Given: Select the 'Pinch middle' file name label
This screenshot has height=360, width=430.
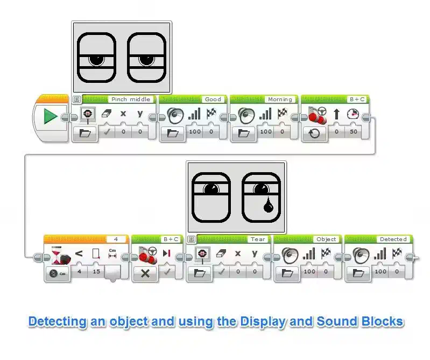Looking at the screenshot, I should click(131, 100).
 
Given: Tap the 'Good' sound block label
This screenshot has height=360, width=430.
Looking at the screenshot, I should click(213, 100).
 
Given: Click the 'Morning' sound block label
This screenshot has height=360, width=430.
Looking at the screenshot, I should click(280, 100).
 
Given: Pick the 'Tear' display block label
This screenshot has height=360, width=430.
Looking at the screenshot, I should click(257, 239).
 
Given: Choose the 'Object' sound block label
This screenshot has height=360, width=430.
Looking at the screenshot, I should click(326, 239).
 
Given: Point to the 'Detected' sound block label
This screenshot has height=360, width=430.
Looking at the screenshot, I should click(393, 239).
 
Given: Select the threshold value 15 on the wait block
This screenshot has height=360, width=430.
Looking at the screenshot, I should click(96, 272).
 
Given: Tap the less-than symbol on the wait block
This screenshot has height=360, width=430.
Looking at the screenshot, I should click(79, 253).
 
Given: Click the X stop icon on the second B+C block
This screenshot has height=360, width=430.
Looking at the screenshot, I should click(145, 272).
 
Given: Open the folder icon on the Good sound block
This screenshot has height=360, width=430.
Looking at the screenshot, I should click(173, 132).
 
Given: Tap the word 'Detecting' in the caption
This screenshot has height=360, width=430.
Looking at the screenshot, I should click(57, 322).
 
